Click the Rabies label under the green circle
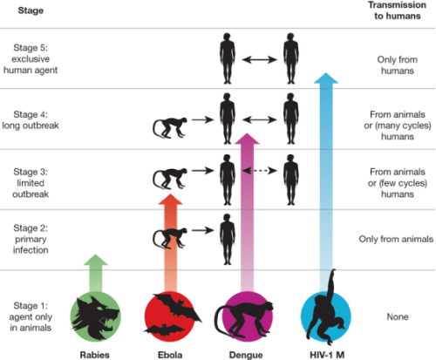click(95, 355)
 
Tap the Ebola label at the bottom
click(170, 355)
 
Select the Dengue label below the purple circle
click(246, 355)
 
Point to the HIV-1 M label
click(327, 355)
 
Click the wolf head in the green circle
click(95, 317)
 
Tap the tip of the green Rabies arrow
click(96, 255)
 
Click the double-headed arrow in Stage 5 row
click(260, 60)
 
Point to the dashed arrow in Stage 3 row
click(260, 171)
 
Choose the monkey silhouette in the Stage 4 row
click(170, 127)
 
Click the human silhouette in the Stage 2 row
click(228, 239)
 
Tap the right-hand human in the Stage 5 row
click(291, 58)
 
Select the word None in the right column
click(398, 316)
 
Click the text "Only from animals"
click(396, 239)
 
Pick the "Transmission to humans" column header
click(398, 10)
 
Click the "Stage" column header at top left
click(31, 10)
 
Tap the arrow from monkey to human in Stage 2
click(203, 230)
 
